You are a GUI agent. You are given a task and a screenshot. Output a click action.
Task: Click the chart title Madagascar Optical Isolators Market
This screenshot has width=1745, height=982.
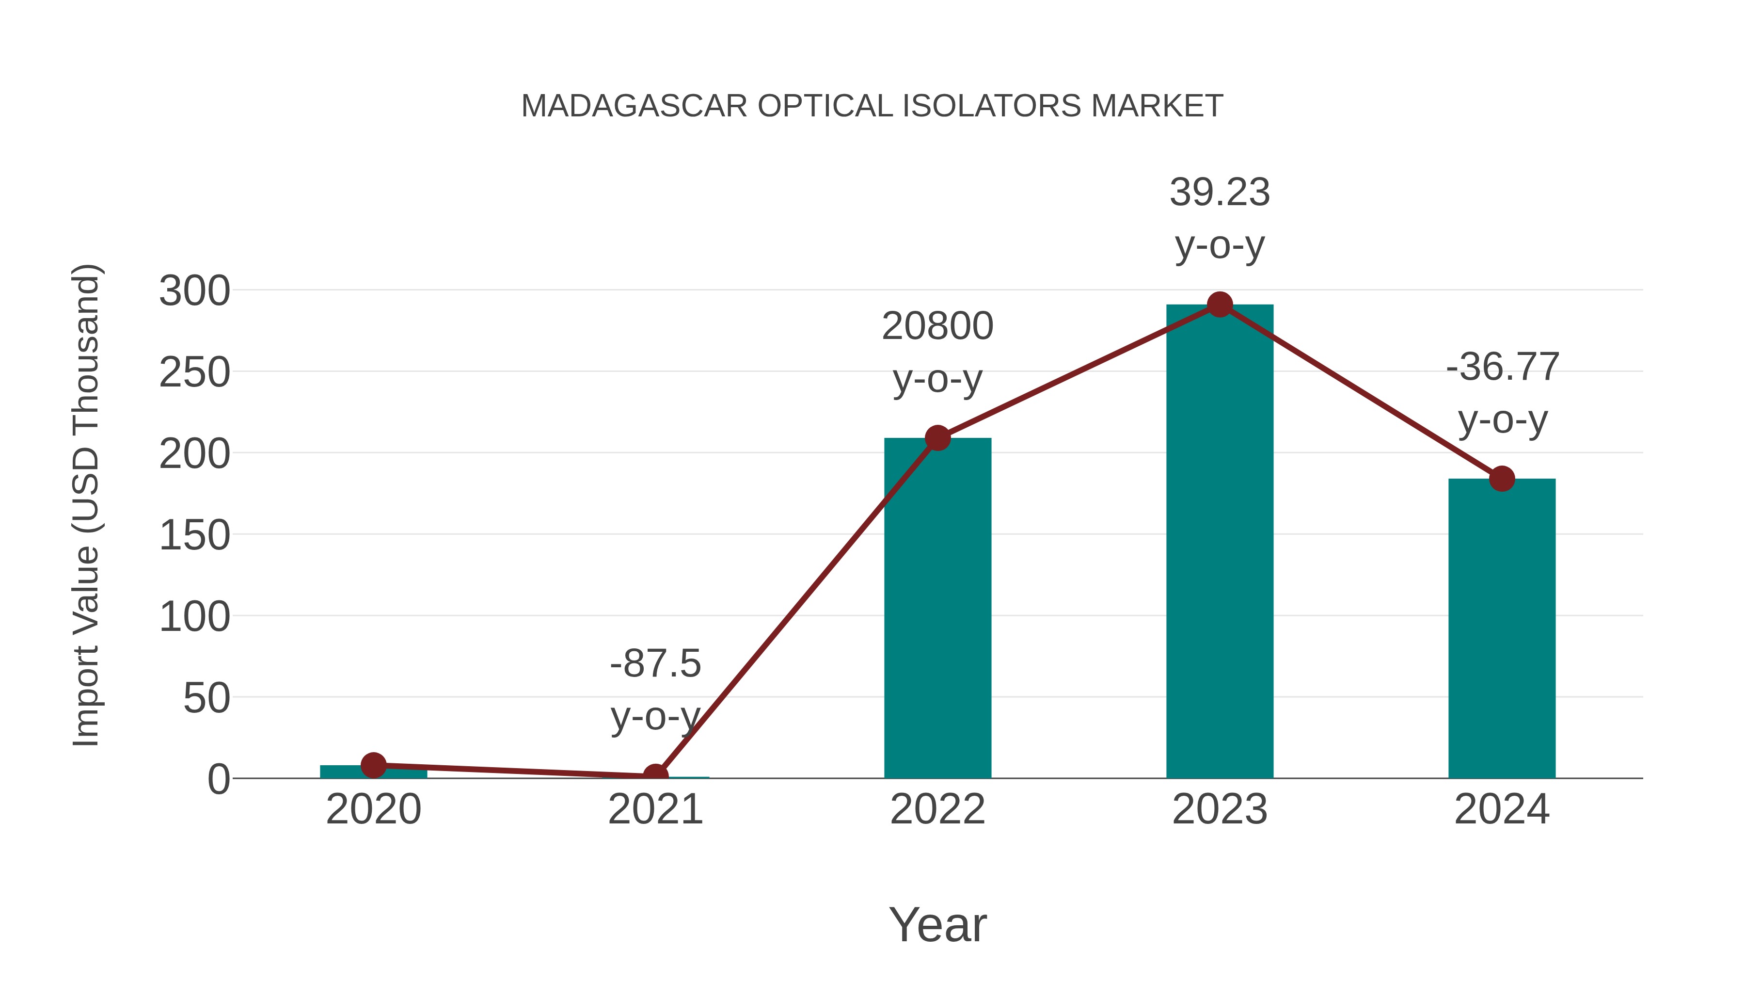(872, 106)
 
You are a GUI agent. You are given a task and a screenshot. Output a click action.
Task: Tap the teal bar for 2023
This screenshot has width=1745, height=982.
(1220, 542)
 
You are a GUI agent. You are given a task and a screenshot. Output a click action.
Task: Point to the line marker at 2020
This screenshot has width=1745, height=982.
(373, 765)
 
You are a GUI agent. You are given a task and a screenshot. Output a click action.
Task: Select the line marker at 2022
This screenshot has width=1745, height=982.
(937, 438)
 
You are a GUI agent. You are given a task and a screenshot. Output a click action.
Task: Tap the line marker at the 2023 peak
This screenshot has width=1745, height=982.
(1220, 305)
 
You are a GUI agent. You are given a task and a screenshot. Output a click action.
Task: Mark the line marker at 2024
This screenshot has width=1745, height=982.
(1502, 479)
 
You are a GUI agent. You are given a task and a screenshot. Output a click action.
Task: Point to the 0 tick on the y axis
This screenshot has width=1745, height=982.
(219, 779)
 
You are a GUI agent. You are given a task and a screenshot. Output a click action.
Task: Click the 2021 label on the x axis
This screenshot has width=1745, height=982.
(655, 809)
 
